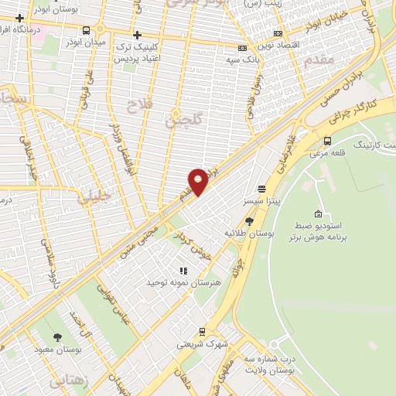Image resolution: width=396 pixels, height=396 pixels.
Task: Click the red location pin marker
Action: [x=198, y=181]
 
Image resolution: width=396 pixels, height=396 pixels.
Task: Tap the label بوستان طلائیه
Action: [x=247, y=232]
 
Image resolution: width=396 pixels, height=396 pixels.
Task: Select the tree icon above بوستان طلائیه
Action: [x=248, y=220]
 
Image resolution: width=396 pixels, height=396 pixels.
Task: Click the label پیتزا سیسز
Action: [x=261, y=200]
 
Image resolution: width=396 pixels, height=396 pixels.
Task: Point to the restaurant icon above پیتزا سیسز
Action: [x=262, y=188]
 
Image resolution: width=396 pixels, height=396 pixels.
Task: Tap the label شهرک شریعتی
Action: [x=202, y=343]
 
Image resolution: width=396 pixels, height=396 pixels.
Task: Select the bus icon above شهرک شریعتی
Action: [x=203, y=331]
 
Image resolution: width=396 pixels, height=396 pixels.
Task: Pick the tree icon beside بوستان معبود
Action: [x=58, y=337]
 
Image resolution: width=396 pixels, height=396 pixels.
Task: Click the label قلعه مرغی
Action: [x=326, y=152]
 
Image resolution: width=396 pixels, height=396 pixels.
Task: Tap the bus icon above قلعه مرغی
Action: [x=327, y=141]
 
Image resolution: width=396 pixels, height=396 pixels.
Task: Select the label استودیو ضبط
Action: [x=319, y=225]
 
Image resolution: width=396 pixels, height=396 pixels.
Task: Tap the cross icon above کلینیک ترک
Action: [x=137, y=35]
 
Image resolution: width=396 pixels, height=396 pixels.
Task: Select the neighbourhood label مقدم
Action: [x=319, y=58]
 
